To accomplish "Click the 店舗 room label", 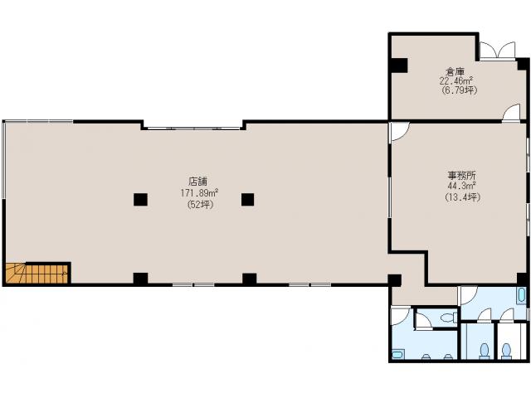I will [x=197, y=181].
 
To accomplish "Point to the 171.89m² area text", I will [x=199, y=193].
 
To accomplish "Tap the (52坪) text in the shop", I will [x=199, y=204].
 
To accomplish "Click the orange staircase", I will [x=37, y=272].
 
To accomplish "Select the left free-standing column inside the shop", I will [x=140, y=198].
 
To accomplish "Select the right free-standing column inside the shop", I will [x=247, y=198].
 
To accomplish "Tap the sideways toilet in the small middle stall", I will [x=446, y=318].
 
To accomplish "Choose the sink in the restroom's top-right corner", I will [x=520, y=295].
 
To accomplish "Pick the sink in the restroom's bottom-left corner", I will [x=398, y=354].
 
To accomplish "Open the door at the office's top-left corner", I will [x=399, y=131].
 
